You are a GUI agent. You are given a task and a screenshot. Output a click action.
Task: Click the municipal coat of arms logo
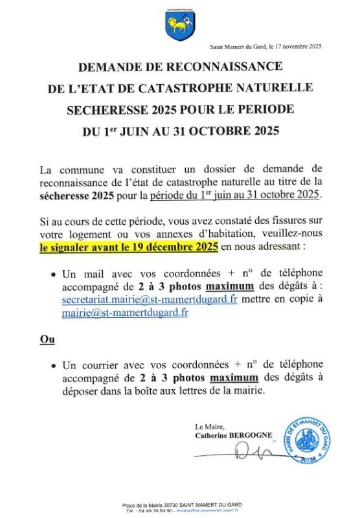click(179, 27)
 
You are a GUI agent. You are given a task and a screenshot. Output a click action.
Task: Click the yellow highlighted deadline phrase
click(129, 247)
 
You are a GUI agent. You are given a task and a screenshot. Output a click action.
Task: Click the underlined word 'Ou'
click(47, 339)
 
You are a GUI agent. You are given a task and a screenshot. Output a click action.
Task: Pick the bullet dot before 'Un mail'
click(53, 275)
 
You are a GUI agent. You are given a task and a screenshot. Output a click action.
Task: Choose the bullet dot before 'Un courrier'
click(53, 366)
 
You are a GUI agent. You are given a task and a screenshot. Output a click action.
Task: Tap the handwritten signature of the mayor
click(253, 452)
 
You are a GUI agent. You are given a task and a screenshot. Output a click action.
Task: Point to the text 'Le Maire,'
click(208, 427)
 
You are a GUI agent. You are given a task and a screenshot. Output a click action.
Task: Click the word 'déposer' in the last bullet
click(81, 390)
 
